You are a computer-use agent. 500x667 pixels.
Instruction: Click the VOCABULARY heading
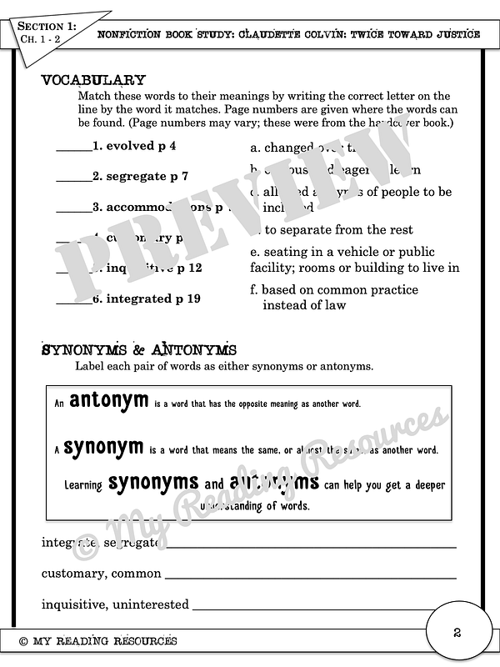click(93, 80)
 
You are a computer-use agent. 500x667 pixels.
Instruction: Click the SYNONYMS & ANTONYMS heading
click(139, 349)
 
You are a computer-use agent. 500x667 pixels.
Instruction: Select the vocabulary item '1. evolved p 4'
click(134, 145)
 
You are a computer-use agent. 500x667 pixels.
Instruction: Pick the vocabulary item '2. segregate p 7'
click(140, 176)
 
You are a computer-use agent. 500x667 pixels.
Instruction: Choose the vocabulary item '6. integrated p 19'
click(146, 298)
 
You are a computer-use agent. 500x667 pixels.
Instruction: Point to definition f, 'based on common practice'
click(340, 298)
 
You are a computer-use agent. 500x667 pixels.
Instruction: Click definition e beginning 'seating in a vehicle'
click(355, 259)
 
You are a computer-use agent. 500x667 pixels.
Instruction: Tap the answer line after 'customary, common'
click(310, 575)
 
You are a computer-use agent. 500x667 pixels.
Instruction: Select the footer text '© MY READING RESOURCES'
click(97, 640)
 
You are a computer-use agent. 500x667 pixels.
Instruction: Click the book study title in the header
click(288, 34)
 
